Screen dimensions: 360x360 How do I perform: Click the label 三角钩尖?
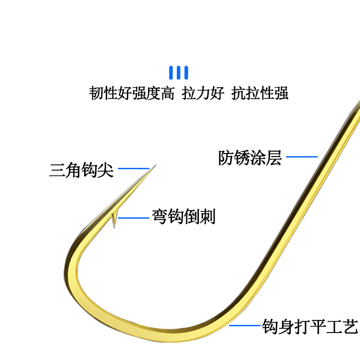tap(81, 170)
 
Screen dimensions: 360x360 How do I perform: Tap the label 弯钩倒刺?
tap(184, 216)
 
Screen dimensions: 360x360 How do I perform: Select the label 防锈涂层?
tap(250, 158)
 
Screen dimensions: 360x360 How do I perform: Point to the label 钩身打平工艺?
tap(310, 326)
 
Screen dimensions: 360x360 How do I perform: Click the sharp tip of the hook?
tap(156, 165)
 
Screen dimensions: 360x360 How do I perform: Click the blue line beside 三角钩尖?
tap(134, 168)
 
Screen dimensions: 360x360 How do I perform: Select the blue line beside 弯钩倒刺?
tap(134, 218)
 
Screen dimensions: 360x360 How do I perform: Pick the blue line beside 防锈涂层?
tap(302, 157)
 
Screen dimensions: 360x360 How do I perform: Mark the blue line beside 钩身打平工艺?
tap(245, 325)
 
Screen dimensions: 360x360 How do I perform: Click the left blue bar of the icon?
tap(171, 72)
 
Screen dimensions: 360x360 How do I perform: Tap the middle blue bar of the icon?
tap(179, 72)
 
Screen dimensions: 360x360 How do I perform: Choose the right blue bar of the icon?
tap(186, 72)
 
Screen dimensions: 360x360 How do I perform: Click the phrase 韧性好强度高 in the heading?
tap(132, 93)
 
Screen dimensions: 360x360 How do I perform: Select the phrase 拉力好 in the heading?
tap(203, 93)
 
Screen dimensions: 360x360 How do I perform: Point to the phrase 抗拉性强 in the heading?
tap(260, 93)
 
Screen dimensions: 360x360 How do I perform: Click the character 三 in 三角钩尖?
tap(58, 170)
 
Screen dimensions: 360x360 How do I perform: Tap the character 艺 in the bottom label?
tap(351, 326)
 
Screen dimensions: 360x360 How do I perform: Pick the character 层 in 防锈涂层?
tap(274, 158)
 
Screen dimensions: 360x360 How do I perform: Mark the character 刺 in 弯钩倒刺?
tap(208, 216)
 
